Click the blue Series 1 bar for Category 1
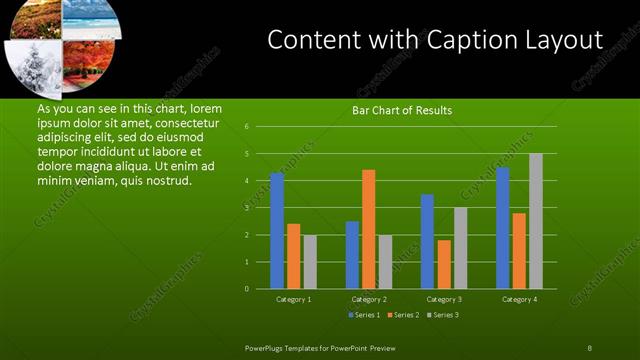pos(277,231)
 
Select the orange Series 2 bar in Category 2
pos(368,229)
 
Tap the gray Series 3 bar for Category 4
pos(535,221)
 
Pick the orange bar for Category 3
pos(443,264)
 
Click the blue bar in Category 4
pos(502,228)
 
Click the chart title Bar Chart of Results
pos(402,110)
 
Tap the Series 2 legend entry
pos(403,315)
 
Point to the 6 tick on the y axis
pos(246,127)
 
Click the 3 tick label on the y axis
pos(246,208)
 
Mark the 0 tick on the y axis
pos(246,289)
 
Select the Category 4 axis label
pos(518,299)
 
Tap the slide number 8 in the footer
pos(589,347)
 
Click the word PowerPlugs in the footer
pos(266,347)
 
